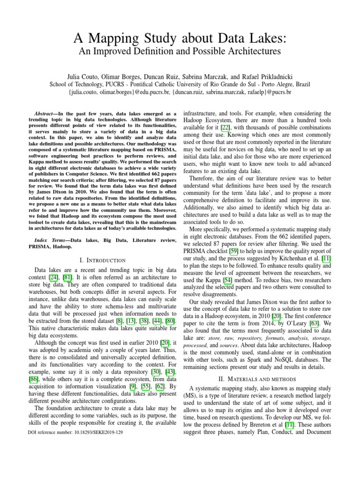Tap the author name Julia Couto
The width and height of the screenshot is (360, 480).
pos(81,75)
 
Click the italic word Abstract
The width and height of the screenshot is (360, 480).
pos(48,114)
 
